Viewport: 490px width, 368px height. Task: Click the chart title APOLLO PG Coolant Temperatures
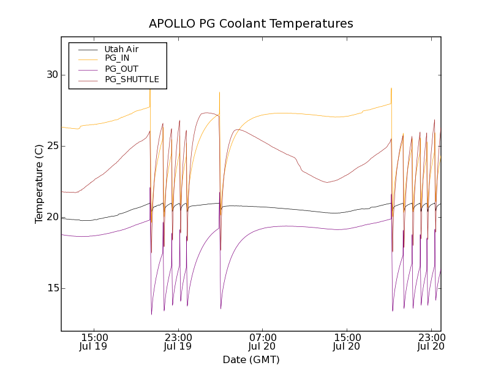[x=251, y=24]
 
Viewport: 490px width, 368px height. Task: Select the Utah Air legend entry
[x=122, y=49]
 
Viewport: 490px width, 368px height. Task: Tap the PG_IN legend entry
[x=117, y=58]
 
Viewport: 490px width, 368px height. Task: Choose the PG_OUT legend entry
[x=121, y=69]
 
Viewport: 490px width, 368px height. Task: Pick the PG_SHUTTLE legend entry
[x=132, y=79]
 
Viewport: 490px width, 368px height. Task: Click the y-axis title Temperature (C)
[x=39, y=184]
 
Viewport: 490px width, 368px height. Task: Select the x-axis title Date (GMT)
[x=251, y=359]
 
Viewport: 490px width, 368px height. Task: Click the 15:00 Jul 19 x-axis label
[x=94, y=342]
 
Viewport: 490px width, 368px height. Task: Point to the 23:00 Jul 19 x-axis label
[x=178, y=342]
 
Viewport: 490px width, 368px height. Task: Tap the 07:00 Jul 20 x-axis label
[x=263, y=342]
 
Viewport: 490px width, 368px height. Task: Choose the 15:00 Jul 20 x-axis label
[x=347, y=342]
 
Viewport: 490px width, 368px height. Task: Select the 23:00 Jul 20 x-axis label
[x=432, y=342]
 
